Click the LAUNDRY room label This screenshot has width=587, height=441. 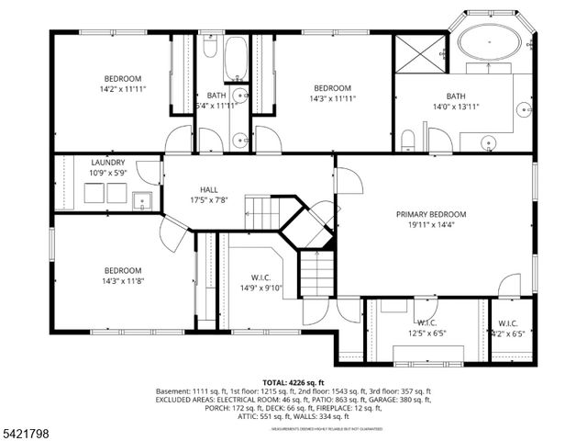pos(108,163)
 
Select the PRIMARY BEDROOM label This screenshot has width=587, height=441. pos(430,214)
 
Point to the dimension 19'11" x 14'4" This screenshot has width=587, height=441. pos(430,224)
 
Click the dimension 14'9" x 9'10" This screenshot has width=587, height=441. pos(261,288)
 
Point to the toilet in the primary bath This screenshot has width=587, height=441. pos(409,140)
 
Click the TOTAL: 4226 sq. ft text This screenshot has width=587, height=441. pos(293,382)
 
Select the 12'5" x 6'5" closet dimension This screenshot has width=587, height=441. pos(427,333)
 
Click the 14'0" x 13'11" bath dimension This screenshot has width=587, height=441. pos(456,107)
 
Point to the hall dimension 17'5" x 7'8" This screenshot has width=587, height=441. pos(208,199)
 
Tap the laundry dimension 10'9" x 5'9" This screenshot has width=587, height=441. pos(108,173)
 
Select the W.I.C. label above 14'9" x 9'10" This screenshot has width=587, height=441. pos(261,277)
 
